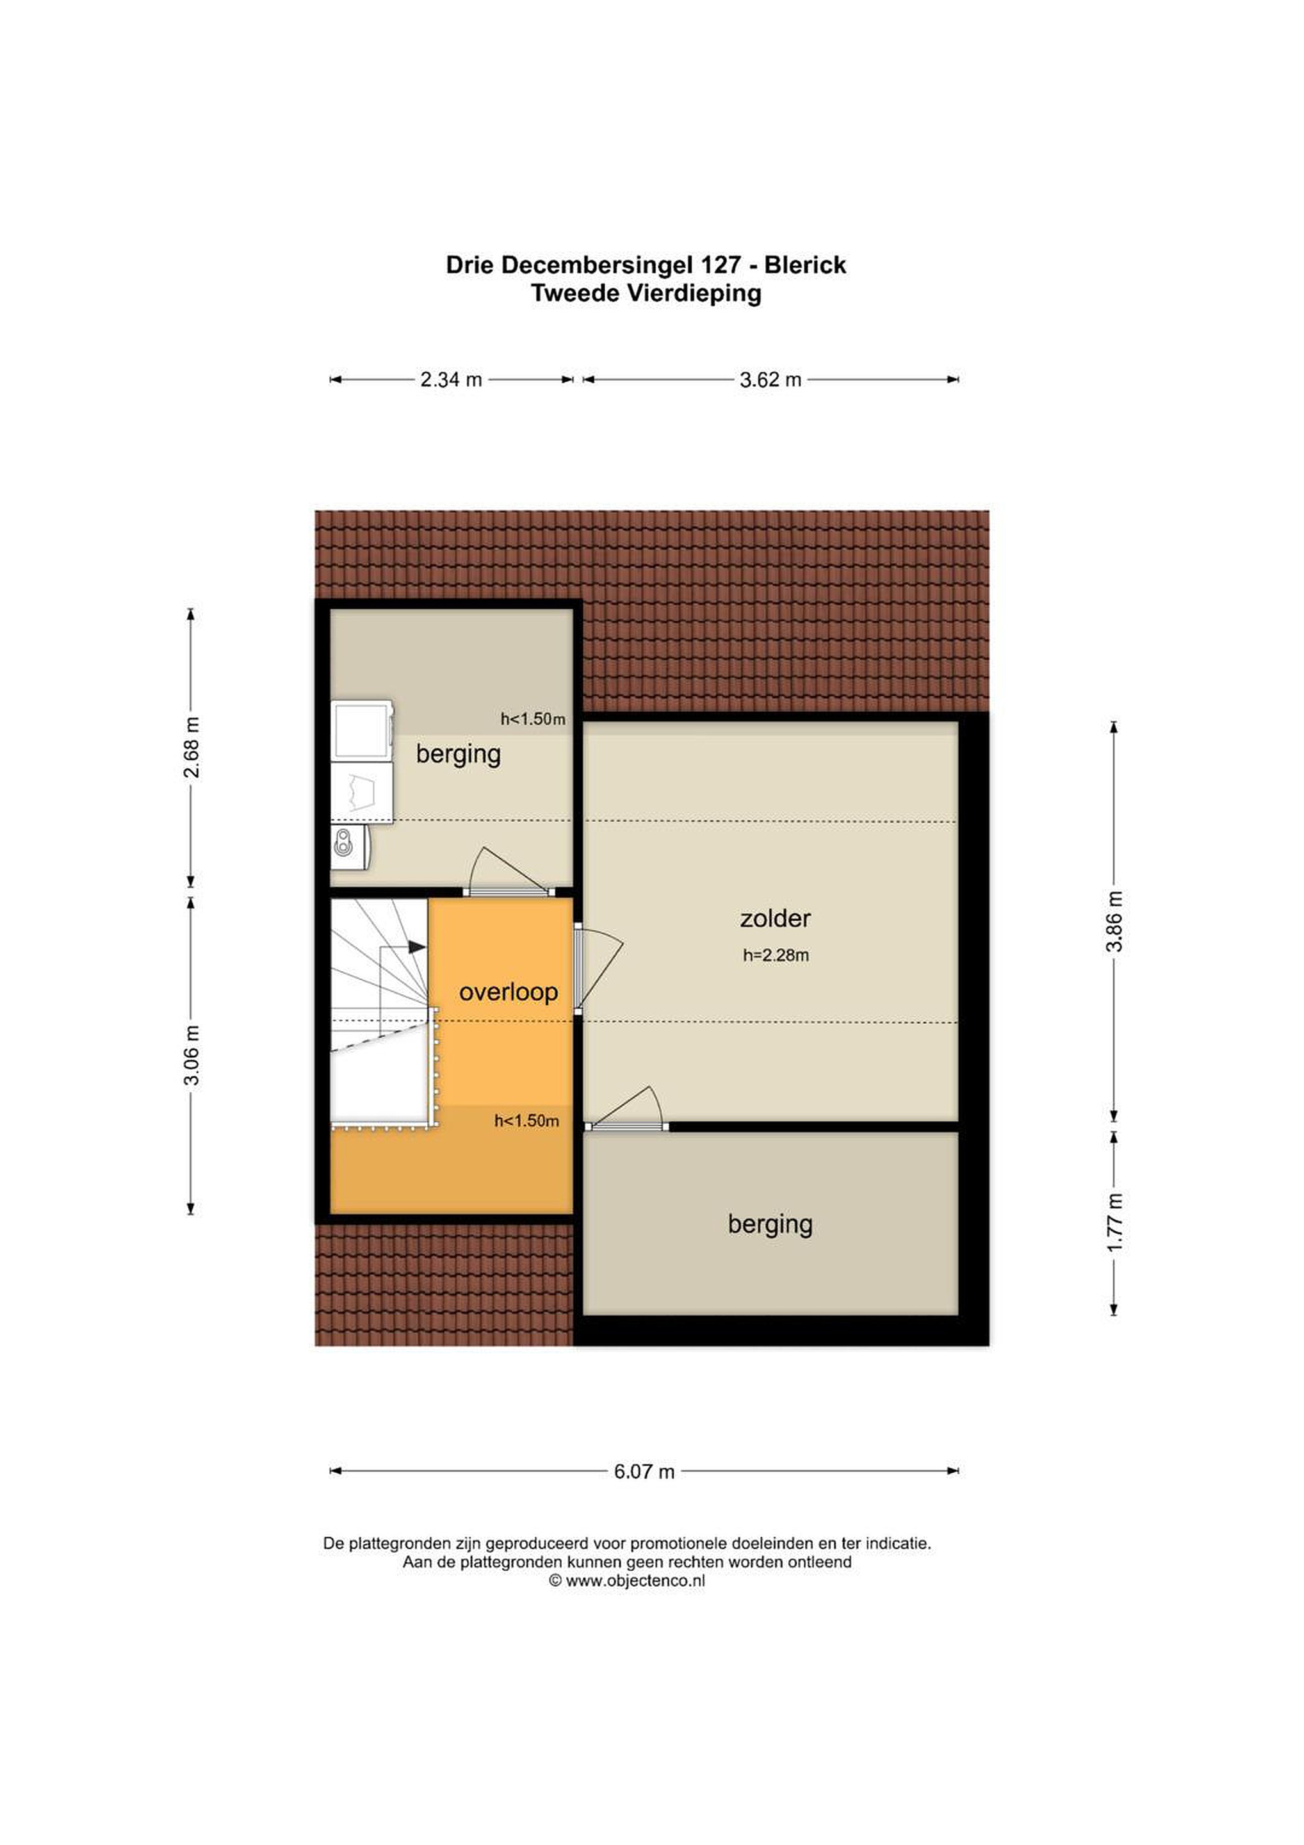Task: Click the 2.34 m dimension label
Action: pos(451,379)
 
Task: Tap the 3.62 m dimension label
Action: pos(770,379)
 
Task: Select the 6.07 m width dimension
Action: pos(644,1472)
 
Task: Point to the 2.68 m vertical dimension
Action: pos(192,748)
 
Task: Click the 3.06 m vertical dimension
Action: pos(192,1055)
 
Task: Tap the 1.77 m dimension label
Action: pos(1114,1223)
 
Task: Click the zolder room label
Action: pos(776,919)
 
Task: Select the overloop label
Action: pos(508,992)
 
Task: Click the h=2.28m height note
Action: pos(776,955)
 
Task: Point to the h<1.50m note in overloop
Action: pos(526,1120)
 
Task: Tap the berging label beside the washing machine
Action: pos(458,755)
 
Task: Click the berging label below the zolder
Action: pos(770,1225)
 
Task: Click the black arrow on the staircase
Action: pos(416,947)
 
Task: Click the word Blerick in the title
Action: pos(804,265)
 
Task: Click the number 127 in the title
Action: pos(721,265)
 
